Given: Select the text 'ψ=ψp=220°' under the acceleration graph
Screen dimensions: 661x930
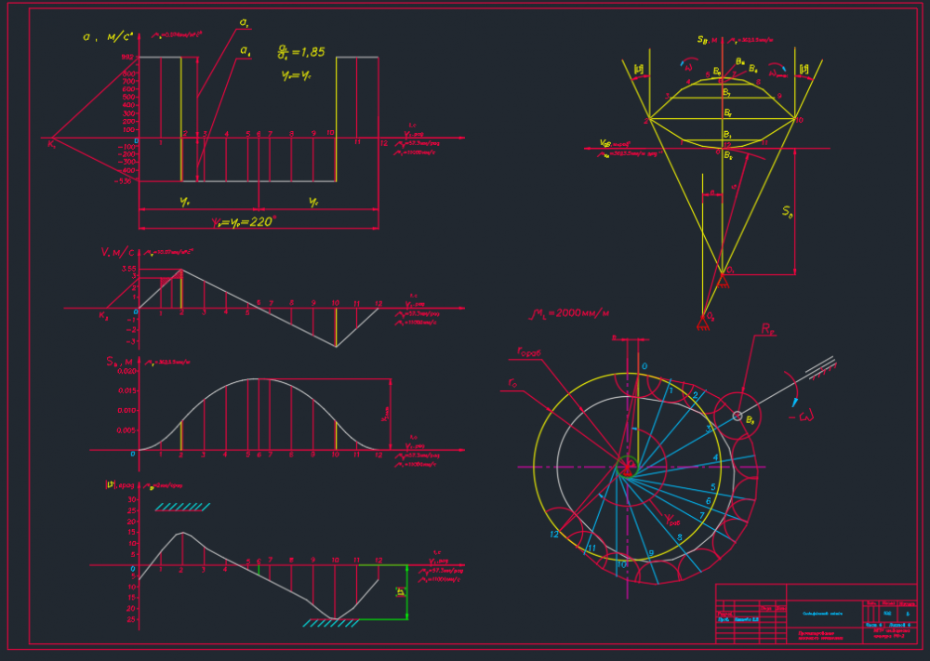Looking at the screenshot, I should pos(244,222).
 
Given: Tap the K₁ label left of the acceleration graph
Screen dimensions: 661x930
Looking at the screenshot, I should pos(51,143).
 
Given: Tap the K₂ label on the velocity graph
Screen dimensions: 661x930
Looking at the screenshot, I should pos(103,316).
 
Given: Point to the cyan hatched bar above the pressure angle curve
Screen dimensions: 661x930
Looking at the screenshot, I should pos(181,507).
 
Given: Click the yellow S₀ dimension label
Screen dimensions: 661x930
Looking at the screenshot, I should pos(787,211).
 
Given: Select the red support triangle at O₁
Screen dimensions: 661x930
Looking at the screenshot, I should pos(722,271).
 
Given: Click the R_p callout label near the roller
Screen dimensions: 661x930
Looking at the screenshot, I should pos(768,330).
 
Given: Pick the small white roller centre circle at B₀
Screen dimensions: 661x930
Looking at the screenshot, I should pos(737,415).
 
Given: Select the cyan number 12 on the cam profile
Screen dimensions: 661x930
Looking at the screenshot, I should pos(554,535).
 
